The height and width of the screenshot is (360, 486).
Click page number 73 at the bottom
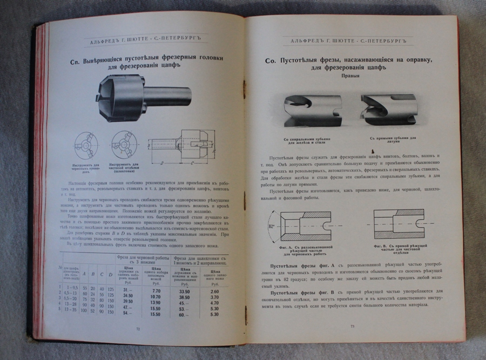pyautogui.click(x=352, y=326)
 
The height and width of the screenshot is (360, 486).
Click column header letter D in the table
pyautogui.click(x=110, y=275)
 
